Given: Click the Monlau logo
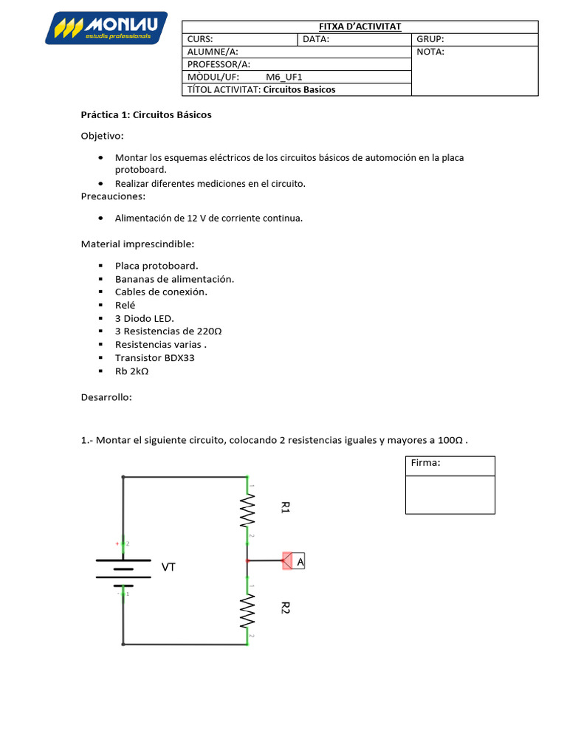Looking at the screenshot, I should pyautogui.click(x=106, y=29).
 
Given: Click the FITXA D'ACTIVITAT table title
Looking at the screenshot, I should pyautogui.click(x=360, y=27).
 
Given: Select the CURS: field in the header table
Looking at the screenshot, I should pyautogui.click(x=201, y=40).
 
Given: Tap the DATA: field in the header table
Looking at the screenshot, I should pyautogui.click(x=316, y=40).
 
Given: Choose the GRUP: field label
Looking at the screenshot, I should pyautogui.click(x=430, y=40).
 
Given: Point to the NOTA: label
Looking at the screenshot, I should pyautogui.click(x=430, y=52).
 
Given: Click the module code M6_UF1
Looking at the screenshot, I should pyautogui.click(x=284, y=77).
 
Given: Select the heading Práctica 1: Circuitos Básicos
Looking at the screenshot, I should pyautogui.click(x=146, y=115).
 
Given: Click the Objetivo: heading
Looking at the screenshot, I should pyautogui.click(x=102, y=137).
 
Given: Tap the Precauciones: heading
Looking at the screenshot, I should pyautogui.click(x=113, y=196).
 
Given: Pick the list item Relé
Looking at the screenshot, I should pyautogui.click(x=126, y=305).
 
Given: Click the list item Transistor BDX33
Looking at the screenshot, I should pyautogui.click(x=155, y=358).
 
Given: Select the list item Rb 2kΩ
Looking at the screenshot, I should pyautogui.click(x=132, y=371).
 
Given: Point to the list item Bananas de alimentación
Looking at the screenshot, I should pyautogui.click(x=174, y=279).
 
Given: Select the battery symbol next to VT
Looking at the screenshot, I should pyautogui.click(x=123, y=568).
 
